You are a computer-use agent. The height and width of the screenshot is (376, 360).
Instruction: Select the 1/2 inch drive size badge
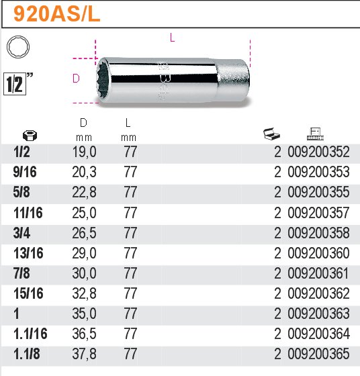click(x=18, y=82)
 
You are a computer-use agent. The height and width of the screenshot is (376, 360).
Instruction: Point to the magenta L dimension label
click(x=172, y=38)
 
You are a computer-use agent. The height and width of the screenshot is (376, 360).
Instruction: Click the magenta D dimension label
click(x=76, y=79)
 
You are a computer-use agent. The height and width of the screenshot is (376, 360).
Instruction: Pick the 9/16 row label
click(x=26, y=173)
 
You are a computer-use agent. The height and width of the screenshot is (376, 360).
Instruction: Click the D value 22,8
click(x=83, y=193)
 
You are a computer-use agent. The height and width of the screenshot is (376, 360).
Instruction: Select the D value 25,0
click(x=83, y=213)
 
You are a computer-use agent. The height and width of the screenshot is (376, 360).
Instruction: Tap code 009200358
click(x=318, y=233)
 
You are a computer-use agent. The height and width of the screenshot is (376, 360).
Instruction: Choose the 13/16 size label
click(x=28, y=253)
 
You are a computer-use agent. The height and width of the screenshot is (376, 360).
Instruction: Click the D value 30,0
click(x=83, y=273)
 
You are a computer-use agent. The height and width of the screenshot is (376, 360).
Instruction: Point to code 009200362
click(x=318, y=293)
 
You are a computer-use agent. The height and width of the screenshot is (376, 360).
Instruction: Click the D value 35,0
click(x=83, y=314)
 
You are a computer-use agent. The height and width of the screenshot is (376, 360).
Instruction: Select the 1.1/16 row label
click(x=30, y=334)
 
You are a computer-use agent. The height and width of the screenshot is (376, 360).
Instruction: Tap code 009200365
click(x=318, y=354)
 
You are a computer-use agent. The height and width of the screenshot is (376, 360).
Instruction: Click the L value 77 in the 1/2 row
click(x=130, y=152)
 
